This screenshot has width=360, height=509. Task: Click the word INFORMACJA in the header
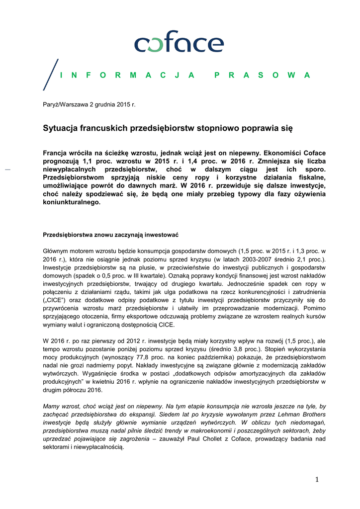127,75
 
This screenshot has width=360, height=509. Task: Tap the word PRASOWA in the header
262,75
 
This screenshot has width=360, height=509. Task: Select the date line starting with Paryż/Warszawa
89,104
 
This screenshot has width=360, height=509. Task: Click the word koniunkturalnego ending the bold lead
72,203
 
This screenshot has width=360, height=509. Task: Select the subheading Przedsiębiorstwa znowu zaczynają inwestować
110,234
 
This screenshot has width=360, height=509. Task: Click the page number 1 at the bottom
316,479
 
